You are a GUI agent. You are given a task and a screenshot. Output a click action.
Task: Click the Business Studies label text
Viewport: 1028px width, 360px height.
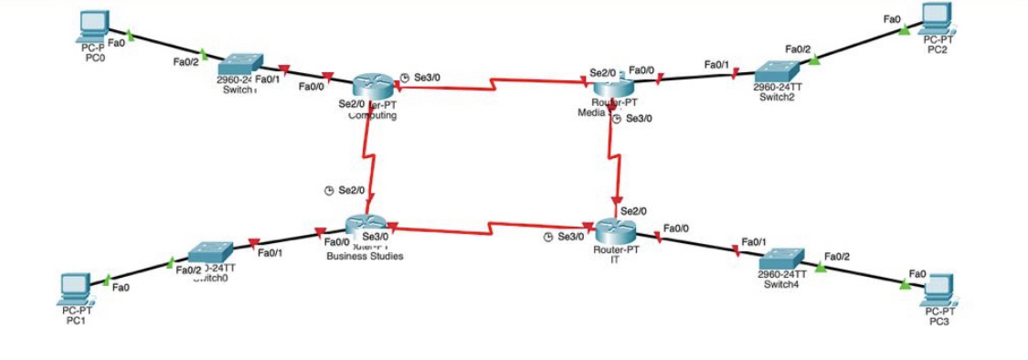click(365, 256)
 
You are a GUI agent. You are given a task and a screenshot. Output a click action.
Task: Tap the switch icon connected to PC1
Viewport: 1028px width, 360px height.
click(211, 253)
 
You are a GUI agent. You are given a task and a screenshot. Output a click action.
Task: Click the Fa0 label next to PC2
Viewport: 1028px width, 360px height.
click(892, 18)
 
